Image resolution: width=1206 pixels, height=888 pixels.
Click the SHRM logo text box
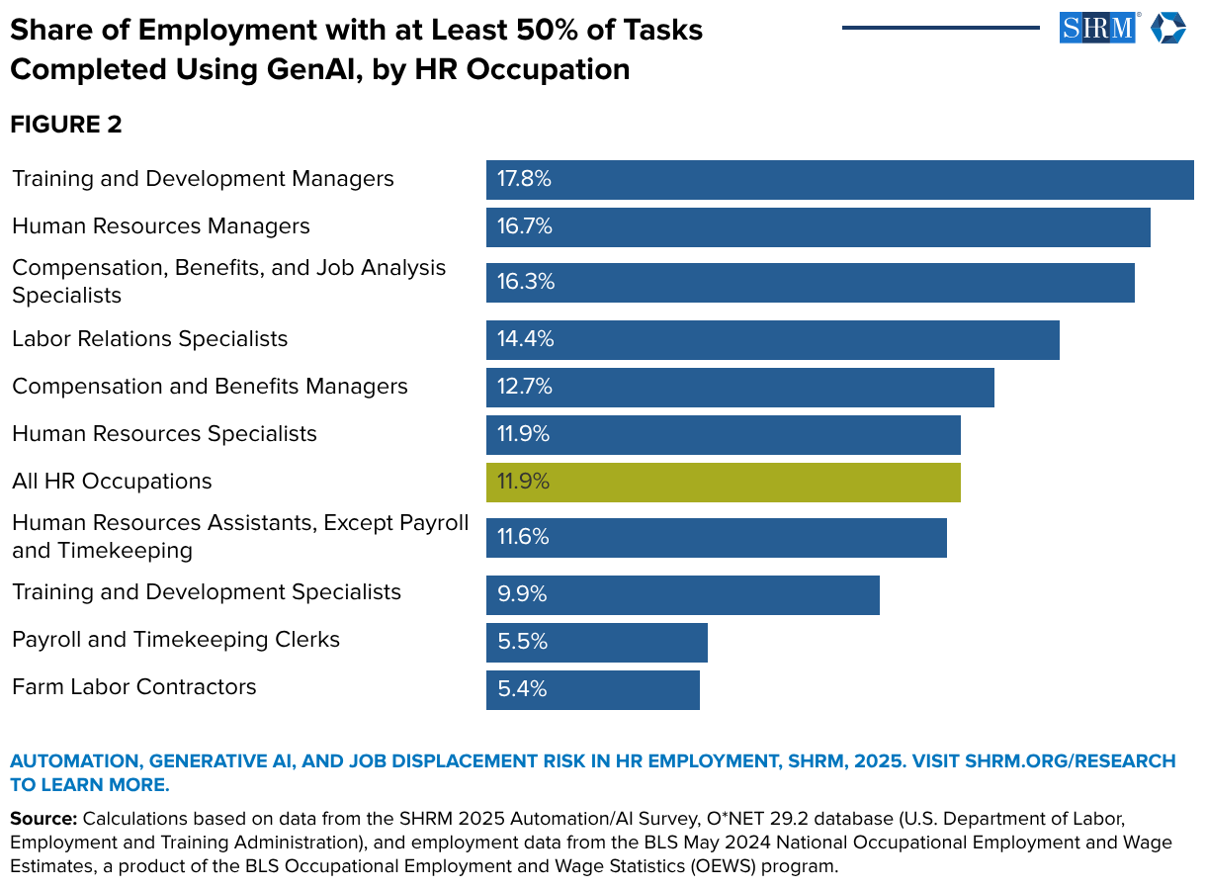(x=1097, y=28)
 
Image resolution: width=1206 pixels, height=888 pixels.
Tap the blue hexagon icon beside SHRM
(x=1167, y=28)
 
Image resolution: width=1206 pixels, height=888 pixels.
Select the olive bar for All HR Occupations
(x=723, y=483)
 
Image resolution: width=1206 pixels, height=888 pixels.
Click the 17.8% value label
(x=524, y=180)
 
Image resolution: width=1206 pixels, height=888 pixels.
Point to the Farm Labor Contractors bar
(x=593, y=689)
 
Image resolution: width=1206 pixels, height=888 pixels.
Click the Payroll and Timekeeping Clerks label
(x=176, y=640)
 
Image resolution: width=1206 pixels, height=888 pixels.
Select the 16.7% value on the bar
(x=524, y=227)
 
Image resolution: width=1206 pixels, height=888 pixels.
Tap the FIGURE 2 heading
(x=66, y=125)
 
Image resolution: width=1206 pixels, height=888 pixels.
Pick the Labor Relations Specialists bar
(x=772, y=340)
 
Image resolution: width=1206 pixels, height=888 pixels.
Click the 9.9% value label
(x=522, y=595)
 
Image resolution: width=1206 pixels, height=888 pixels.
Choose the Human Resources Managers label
(x=161, y=226)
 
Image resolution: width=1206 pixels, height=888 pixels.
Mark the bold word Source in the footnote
(x=43, y=820)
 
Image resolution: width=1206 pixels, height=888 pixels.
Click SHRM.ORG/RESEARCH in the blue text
(x=1070, y=761)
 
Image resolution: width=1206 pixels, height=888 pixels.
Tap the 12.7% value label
(x=524, y=388)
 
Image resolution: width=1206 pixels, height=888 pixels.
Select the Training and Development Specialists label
(x=207, y=592)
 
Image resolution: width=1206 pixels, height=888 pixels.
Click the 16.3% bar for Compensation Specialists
(x=810, y=283)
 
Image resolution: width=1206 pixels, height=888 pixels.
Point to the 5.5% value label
(x=522, y=643)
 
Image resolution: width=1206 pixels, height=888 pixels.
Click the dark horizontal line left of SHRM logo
(x=940, y=28)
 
